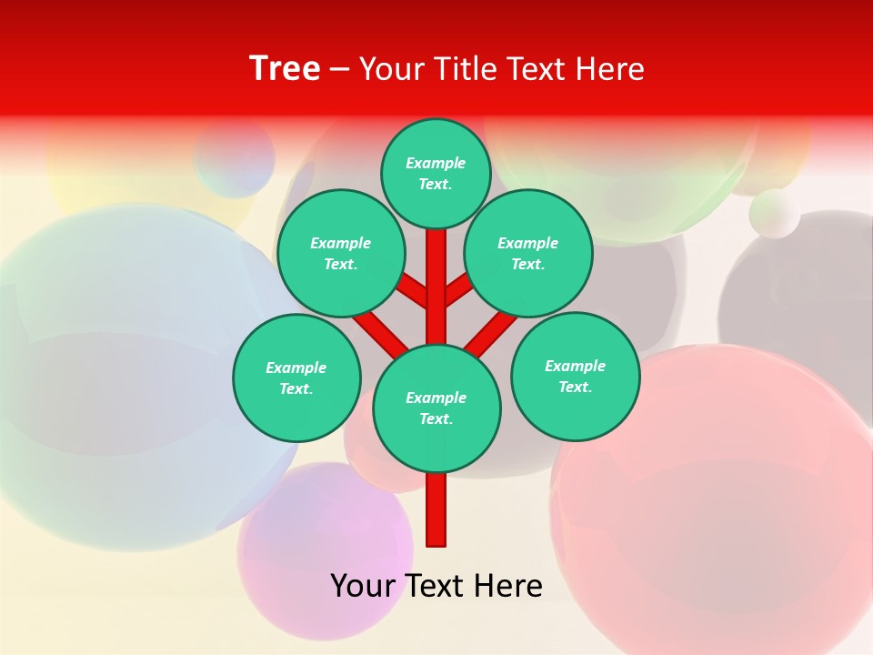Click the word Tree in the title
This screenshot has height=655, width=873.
point(285,68)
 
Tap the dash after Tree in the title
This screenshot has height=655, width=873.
point(338,69)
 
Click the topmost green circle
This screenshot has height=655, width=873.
point(436,173)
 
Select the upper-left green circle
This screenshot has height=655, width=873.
point(341,253)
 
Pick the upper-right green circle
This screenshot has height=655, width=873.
point(528,253)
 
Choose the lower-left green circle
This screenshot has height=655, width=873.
point(296,378)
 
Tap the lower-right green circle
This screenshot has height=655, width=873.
point(575,376)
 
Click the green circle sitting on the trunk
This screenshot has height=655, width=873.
point(436,408)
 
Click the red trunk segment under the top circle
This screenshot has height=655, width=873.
point(436,264)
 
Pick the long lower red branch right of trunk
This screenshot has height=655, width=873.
point(490,332)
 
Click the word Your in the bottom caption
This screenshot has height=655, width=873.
point(362,586)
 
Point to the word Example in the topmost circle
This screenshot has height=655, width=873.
point(436,163)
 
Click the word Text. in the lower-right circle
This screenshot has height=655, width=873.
point(575,387)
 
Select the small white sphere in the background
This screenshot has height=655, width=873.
point(775,214)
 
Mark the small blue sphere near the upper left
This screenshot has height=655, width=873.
point(234,156)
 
